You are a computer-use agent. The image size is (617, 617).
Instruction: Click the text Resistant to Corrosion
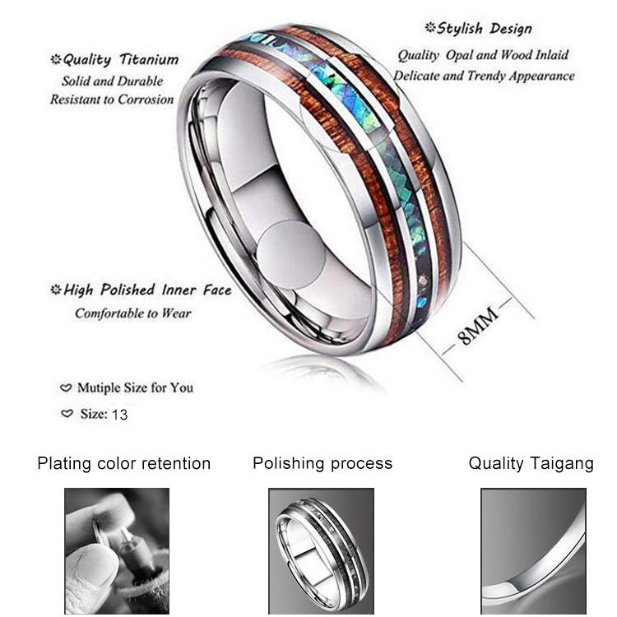point(112,100)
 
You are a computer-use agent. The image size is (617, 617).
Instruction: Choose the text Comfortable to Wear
point(133,313)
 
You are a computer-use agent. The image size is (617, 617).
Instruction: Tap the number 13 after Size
point(119,415)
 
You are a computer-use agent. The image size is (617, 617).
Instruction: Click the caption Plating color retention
point(124,463)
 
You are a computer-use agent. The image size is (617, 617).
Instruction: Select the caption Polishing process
point(322,463)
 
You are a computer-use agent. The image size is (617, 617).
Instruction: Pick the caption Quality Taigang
point(531,463)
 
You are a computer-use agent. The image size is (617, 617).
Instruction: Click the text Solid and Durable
point(113,81)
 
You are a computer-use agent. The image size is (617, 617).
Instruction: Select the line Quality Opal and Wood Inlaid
point(484,55)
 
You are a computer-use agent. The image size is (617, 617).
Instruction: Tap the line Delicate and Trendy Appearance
point(484,76)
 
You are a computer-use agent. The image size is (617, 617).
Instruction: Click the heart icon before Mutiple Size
point(67,387)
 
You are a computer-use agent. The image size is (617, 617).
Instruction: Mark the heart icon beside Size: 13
point(67,414)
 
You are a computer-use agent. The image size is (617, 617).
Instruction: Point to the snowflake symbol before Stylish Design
point(430,29)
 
